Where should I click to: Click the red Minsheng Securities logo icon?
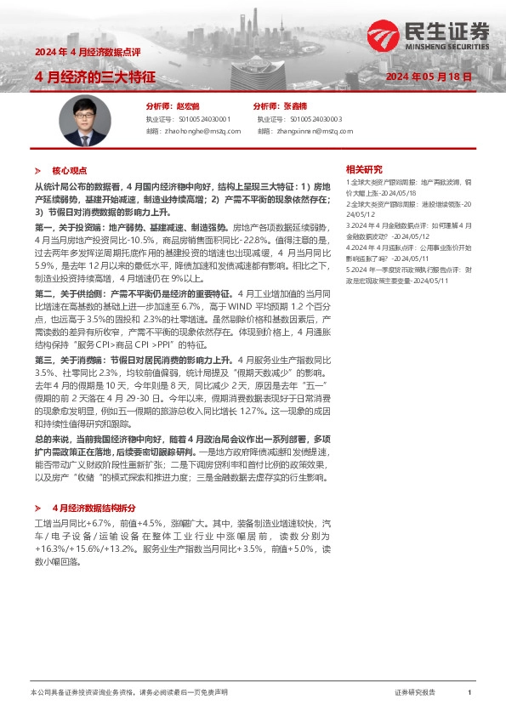click(x=379, y=35)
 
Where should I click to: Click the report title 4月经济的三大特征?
click(x=94, y=77)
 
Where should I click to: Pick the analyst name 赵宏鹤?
click(x=186, y=106)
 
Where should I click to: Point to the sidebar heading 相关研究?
click(x=364, y=168)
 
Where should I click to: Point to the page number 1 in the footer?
click(x=469, y=692)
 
